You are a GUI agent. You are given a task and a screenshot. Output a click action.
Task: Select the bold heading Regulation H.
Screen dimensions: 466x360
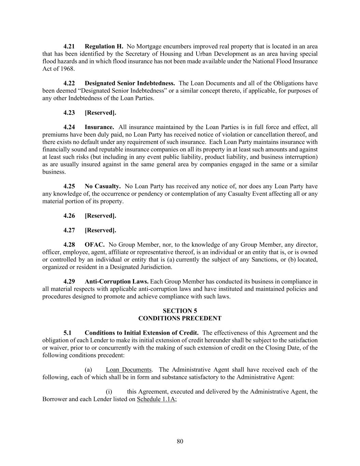coord(104,46)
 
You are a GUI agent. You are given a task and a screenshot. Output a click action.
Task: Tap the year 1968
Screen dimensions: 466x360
coord(67,69)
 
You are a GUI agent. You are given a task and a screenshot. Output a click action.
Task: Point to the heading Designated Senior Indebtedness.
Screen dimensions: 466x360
coord(130,83)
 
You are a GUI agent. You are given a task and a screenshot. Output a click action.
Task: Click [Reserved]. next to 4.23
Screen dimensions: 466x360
coord(100,113)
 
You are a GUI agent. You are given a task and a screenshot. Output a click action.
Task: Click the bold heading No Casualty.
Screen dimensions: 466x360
coord(102,186)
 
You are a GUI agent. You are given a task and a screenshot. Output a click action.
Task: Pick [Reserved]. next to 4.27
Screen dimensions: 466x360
coord(100,230)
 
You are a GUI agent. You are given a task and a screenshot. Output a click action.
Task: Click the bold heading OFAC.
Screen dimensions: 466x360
coord(95,245)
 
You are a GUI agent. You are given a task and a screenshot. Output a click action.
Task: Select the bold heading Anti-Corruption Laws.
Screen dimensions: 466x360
coord(116,282)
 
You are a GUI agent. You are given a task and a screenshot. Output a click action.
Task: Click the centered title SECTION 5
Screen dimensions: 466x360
coord(180,311)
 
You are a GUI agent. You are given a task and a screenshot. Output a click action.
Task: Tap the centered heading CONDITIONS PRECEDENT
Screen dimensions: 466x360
coord(180,319)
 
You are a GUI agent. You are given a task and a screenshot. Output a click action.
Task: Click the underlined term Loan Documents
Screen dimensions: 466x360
coord(129,370)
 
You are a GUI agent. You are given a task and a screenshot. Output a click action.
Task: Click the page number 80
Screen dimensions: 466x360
coord(180,441)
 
